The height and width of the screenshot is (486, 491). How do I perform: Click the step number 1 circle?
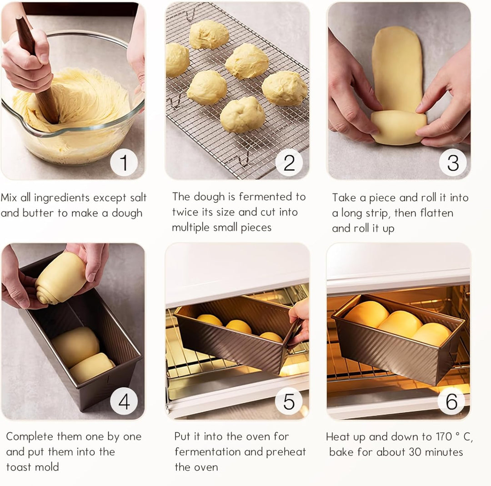point(124,162)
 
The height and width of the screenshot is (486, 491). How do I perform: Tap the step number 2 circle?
point(289,162)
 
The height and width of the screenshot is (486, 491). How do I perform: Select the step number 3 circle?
point(453,162)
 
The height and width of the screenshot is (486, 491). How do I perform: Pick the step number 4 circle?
point(124,401)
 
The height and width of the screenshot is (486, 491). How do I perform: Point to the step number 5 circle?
point(289,401)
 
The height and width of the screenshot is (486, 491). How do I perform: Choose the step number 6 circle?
point(451,401)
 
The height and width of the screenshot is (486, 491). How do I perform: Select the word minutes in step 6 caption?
point(444,452)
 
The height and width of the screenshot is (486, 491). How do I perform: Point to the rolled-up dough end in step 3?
point(399,127)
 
